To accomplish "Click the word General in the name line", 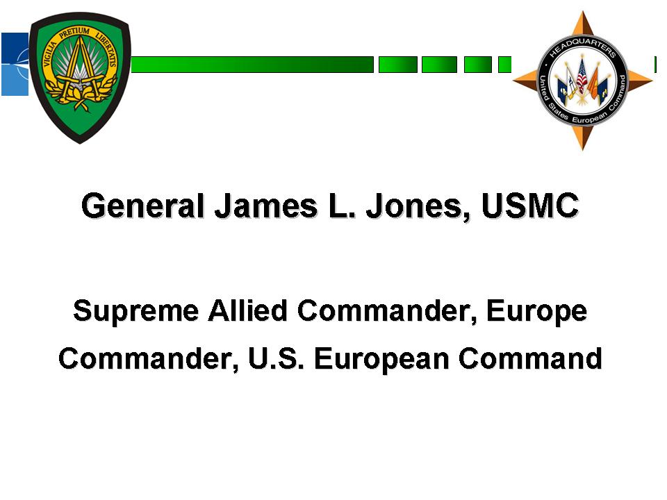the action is click(143, 206).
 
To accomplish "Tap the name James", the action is click(266, 206).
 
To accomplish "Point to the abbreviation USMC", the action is click(530, 206).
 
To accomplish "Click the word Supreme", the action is click(136, 311).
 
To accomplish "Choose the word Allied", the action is click(247, 310).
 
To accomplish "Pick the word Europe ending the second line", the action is click(536, 311).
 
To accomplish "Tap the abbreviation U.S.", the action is click(276, 358).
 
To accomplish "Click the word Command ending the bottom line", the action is click(530, 358).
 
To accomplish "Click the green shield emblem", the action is click(80, 78).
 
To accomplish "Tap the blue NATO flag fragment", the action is click(15, 64).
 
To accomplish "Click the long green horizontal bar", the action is click(252, 65).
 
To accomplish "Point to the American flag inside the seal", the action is click(582, 77).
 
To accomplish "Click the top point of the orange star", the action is click(582, 12).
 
